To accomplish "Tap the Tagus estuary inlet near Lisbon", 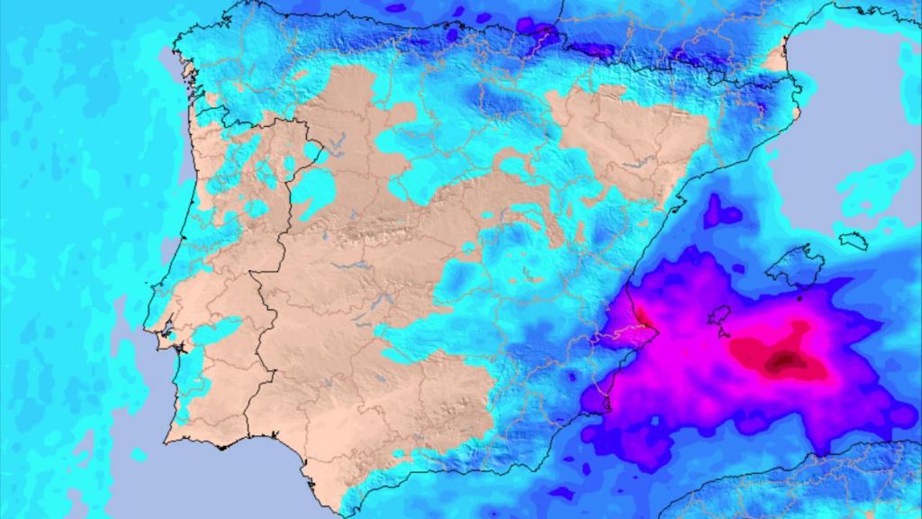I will pos(167,341).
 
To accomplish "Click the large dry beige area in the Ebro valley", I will pos(621,135).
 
